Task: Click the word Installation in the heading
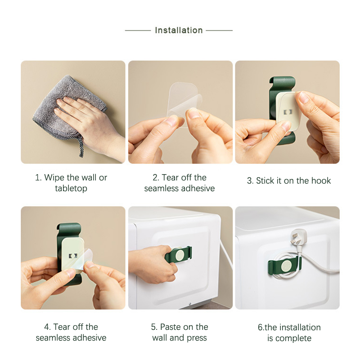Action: (179, 30)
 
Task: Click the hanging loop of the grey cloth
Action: (81, 147)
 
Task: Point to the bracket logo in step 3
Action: (288, 112)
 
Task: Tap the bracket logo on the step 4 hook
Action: (73, 256)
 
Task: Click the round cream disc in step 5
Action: (180, 255)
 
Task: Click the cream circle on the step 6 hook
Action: (286, 267)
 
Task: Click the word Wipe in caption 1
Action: (54, 177)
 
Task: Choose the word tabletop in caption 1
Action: (71, 189)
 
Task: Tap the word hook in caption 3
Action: (321, 181)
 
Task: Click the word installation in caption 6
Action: (300, 328)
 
